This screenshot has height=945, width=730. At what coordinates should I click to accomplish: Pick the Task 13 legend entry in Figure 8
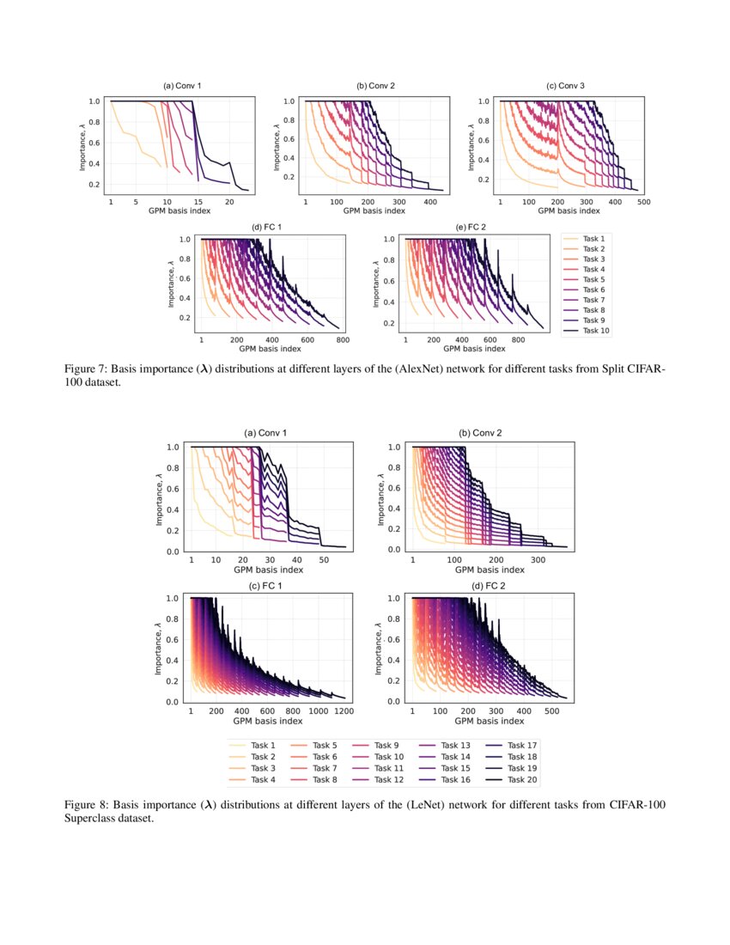point(454,745)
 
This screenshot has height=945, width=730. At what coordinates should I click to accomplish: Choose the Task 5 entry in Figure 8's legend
point(324,745)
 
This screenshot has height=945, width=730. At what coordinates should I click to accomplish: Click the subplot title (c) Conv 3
point(565,86)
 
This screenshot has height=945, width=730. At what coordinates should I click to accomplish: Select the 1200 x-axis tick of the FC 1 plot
point(344,711)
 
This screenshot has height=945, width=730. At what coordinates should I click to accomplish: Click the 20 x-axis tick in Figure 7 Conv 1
point(229,202)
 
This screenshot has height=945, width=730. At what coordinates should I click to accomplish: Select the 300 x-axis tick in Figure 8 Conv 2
point(538,559)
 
